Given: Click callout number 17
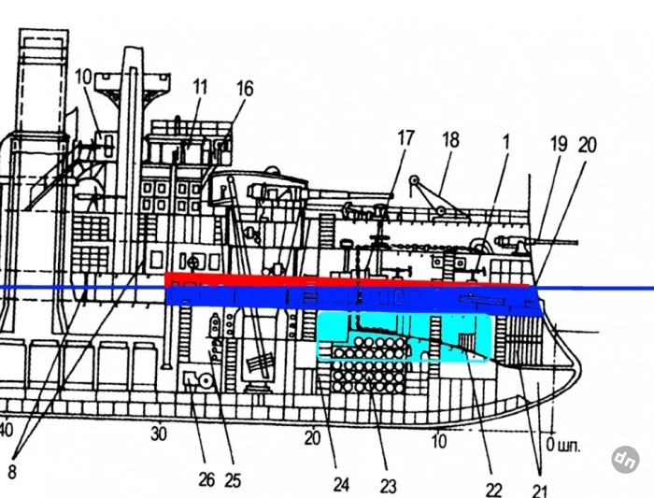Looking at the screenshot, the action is (x=405, y=138).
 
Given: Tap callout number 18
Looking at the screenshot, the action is (x=450, y=140).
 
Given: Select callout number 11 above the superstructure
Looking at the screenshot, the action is (x=200, y=87).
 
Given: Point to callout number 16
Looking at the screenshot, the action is (x=245, y=89).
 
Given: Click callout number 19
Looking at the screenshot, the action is (x=559, y=144).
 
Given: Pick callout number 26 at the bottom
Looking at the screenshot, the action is (x=206, y=480).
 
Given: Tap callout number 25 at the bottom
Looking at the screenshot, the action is (x=233, y=480).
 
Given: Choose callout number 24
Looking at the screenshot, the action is (x=341, y=485).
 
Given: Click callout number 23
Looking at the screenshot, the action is (x=388, y=486).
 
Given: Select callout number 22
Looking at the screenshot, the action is (x=494, y=489).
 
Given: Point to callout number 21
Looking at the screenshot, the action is (x=539, y=491).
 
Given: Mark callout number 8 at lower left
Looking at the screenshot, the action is (x=12, y=472).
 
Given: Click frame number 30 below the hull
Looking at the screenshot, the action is (x=159, y=434).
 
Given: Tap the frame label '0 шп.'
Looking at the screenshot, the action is (x=563, y=446).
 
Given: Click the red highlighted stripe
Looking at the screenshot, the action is (x=348, y=280).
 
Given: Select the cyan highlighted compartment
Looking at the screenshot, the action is (x=404, y=336).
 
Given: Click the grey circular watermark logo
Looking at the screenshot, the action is (x=626, y=460).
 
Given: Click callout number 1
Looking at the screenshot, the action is (x=506, y=142).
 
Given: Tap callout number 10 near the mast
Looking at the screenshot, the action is (x=83, y=78).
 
